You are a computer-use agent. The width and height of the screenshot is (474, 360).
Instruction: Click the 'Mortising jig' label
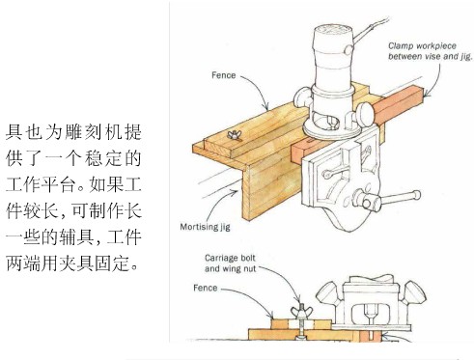(205, 227)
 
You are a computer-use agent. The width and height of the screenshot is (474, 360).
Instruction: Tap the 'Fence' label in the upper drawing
(224, 75)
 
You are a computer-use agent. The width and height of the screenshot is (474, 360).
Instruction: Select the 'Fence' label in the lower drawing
(206, 288)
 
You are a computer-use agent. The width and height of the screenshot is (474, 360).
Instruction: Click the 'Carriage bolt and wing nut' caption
(231, 263)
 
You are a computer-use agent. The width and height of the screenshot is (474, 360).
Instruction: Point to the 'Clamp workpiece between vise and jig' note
(431, 51)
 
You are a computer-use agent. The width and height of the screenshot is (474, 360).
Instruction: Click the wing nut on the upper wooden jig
(234, 135)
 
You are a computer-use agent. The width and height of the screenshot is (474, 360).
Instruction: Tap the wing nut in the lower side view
(300, 311)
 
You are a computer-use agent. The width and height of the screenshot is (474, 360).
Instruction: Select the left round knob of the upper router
(302, 97)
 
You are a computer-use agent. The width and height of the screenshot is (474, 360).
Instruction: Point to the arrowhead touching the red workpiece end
(427, 94)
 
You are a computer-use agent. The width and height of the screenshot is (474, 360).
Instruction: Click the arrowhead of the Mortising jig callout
(235, 192)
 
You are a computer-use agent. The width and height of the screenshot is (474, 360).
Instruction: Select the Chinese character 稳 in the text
(94, 158)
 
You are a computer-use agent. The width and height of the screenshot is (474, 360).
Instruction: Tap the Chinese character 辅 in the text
(70, 237)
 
